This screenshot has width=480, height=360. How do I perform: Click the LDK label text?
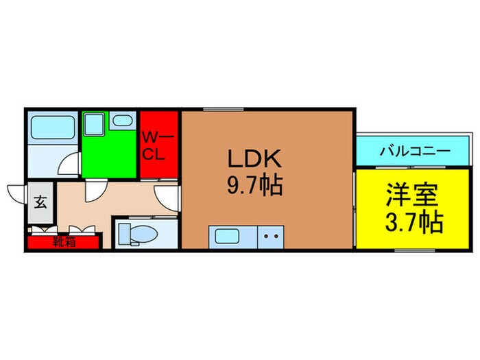[x=254, y=158]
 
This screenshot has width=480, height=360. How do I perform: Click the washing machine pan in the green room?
[x=93, y=125]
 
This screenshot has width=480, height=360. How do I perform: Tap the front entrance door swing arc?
[x=17, y=193]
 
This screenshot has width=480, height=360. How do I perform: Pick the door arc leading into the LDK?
[x=166, y=199]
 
